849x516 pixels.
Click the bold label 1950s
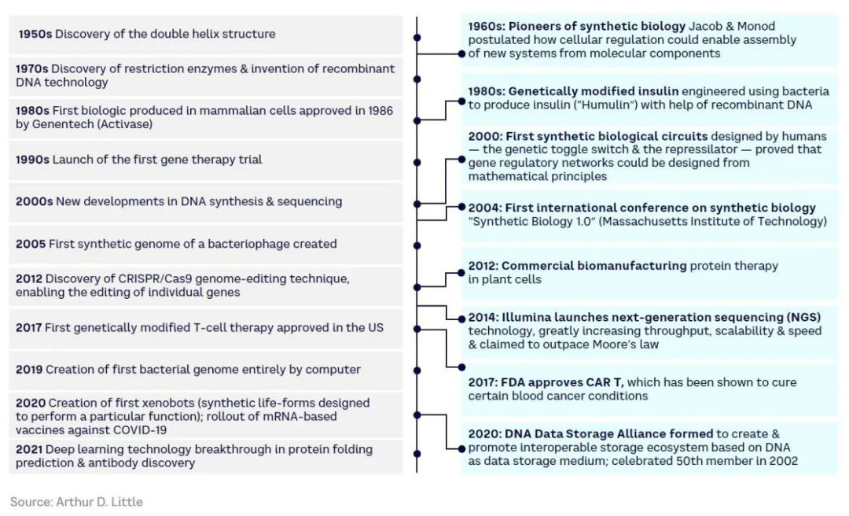pos(35,34)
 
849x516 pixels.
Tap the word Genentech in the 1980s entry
pos(61,124)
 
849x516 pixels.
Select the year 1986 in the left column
pos(380,111)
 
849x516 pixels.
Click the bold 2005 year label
pos(31,244)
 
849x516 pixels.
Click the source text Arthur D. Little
pos(99,502)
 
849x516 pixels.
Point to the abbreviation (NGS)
pos(803,317)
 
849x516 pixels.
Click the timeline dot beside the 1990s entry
pos(417,162)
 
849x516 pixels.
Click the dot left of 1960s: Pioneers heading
pos(461,53)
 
